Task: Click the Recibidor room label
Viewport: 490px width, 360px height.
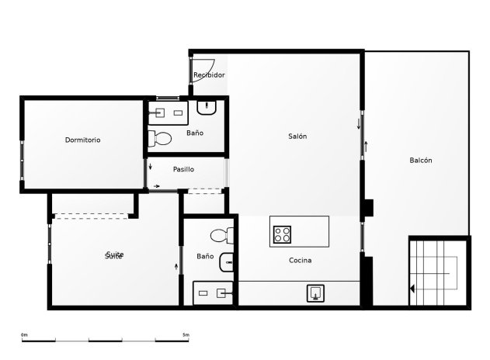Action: [x=209, y=75]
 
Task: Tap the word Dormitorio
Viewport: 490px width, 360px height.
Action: [x=82, y=140]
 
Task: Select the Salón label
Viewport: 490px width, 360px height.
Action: [x=297, y=137]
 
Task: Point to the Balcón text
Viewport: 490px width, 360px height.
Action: [x=420, y=161]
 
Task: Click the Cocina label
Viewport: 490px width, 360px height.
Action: [x=300, y=261]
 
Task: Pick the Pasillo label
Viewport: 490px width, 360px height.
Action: [x=183, y=169]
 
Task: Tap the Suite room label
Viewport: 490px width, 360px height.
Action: [x=114, y=255]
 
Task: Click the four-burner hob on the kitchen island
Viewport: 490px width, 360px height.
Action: [x=282, y=233]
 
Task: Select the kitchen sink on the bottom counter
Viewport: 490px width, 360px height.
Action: [x=316, y=293]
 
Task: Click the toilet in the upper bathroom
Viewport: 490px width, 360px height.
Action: [x=161, y=139]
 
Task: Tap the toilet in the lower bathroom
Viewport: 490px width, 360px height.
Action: [x=219, y=234]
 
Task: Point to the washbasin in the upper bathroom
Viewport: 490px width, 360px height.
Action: [x=207, y=107]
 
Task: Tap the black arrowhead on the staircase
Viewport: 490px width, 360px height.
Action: [x=413, y=289]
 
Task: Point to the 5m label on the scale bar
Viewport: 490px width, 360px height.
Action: [x=186, y=334]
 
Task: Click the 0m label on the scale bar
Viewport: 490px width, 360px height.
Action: [x=24, y=334]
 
